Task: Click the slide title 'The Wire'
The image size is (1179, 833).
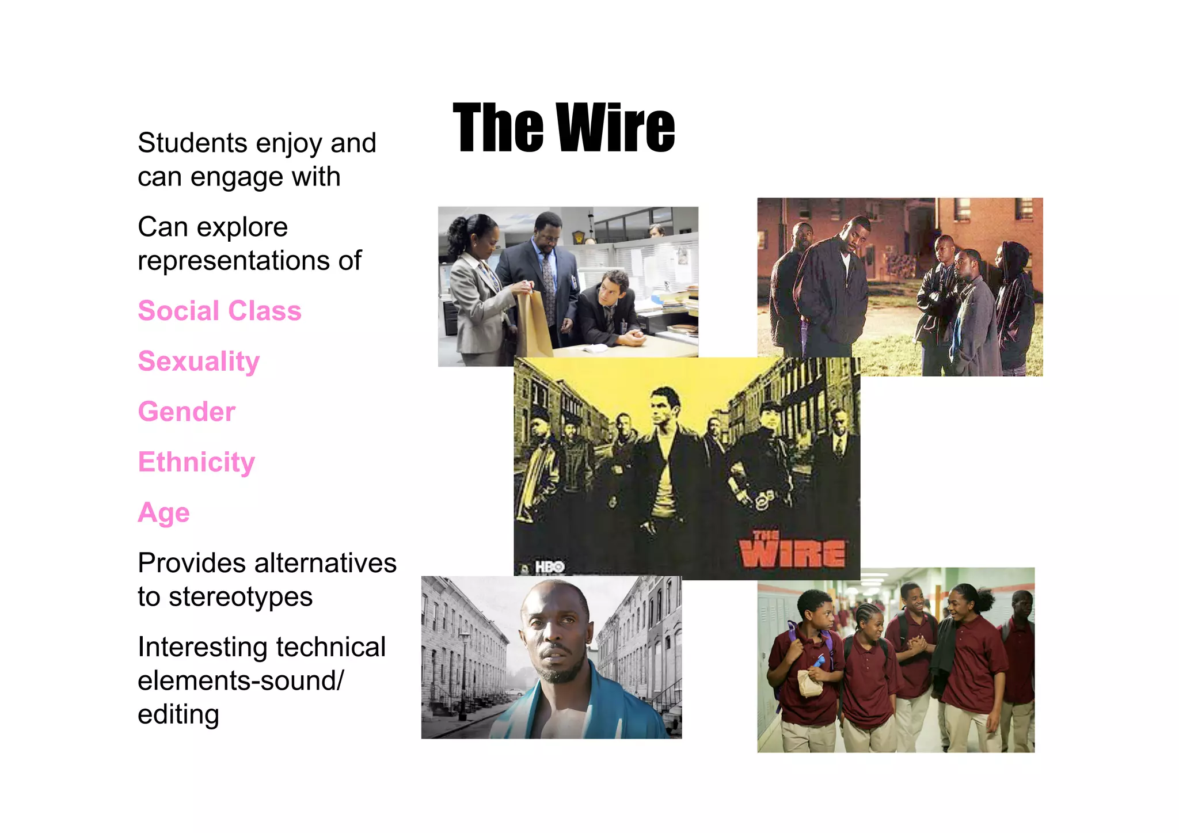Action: coord(564,128)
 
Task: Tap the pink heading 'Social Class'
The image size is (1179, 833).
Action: coord(219,311)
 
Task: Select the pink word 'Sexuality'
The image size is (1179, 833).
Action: coord(199,362)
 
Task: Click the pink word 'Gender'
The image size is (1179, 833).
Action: coord(187,412)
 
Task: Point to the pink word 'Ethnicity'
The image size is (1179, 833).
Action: coord(196,462)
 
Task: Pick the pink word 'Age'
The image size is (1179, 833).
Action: coord(163,513)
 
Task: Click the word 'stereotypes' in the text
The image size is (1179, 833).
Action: coord(240,596)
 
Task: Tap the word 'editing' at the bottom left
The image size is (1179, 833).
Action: coord(178,714)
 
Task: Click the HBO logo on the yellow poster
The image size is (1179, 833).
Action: coord(549,567)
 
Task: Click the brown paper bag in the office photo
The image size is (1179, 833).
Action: coord(533,322)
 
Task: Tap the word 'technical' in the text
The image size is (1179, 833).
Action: coord(330,647)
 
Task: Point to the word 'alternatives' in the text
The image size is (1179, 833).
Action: coord(325,563)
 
